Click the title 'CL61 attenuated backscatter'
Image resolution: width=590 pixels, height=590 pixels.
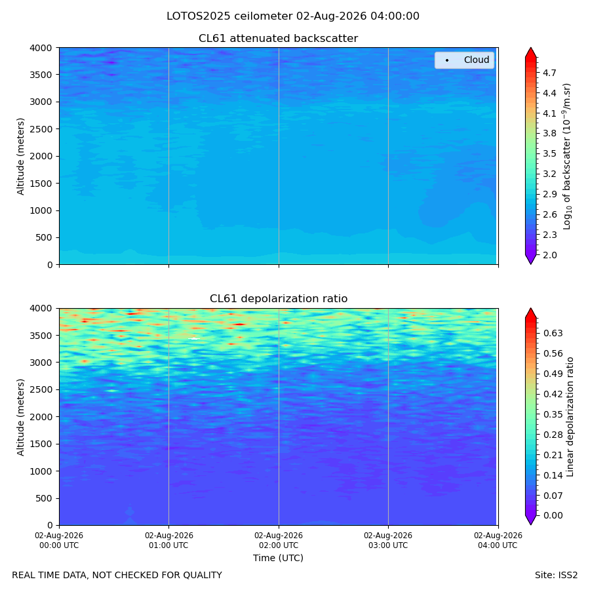[x=278, y=39]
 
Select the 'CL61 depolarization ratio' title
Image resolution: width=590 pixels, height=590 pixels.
[x=279, y=299]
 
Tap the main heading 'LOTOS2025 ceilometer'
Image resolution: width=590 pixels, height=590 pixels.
[x=229, y=16]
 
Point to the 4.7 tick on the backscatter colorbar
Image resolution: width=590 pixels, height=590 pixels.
[x=549, y=73]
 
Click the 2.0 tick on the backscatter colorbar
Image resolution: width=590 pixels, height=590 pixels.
[x=549, y=255]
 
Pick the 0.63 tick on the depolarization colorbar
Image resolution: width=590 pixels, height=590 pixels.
[x=553, y=334]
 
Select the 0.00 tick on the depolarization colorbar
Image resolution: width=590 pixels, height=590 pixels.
[x=553, y=515]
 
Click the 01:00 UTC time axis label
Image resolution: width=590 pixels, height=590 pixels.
[x=168, y=540]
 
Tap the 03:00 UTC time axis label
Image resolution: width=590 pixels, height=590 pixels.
[x=388, y=540]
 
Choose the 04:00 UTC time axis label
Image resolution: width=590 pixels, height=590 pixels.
[x=498, y=540]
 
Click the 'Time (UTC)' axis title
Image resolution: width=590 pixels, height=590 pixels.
[x=278, y=558]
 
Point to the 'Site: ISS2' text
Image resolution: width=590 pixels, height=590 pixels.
[x=556, y=576]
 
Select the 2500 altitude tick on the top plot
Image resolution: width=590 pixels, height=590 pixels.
[x=41, y=129]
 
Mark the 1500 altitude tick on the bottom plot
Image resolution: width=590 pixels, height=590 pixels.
[x=41, y=444]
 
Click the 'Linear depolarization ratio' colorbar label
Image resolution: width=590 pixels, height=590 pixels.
[x=570, y=417]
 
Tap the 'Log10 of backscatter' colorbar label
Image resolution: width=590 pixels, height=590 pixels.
[x=566, y=156]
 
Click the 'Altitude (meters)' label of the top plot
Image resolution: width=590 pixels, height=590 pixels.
[x=20, y=156]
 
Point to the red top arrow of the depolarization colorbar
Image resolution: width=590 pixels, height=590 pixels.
[x=530, y=313]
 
